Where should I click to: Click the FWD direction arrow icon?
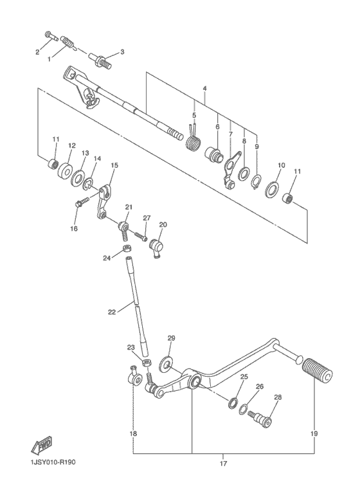(41, 444)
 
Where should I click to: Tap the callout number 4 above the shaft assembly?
(204, 87)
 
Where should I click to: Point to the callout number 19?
(314, 434)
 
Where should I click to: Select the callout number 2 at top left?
(37, 51)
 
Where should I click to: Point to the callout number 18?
(133, 434)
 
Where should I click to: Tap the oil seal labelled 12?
(64, 172)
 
